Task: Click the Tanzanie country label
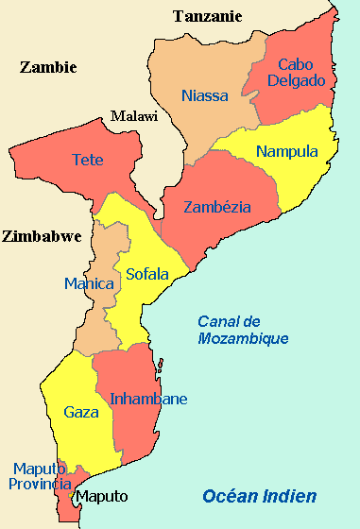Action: pyautogui.click(x=208, y=16)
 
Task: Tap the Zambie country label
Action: pyautogui.click(x=47, y=67)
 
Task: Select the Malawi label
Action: pyautogui.click(x=133, y=116)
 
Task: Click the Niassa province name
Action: pyautogui.click(x=205, y=95)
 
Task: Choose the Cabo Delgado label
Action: pyautogui.click(x=300, y=73)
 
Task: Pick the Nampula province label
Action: pyautogui.click(x=287, y=151)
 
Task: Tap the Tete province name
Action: pyautogui.click(x=88, y=160)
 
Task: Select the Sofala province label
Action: pyautogui.click(x=146, y=274)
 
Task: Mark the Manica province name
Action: pyautogui.click(x=88, y=283)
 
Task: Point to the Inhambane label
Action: pyautogui.click(x=148, y=399)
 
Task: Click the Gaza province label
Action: pyautogui.click(x=80, y=412)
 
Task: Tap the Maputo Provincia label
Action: pyautogui.click(x=41, y=476)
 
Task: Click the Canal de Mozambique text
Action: pyautogui.click(x=243, y=330)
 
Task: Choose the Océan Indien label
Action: pyautogui.click(x=260, y=496)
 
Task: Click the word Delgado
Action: pyautogui.click(x=300, y=81)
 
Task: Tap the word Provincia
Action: pyautogui.click(x=41, y=484)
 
